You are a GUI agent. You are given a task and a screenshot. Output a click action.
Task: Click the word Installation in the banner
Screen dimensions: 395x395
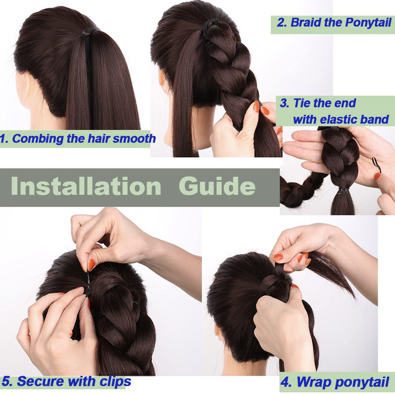pyautogui.click(x=86, y=186)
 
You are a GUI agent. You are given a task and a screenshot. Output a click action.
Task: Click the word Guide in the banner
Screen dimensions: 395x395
pyautogui.click(x=217, y=186)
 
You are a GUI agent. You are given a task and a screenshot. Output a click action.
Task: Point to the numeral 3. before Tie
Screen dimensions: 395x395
pyautogui.click(x=285, y=103)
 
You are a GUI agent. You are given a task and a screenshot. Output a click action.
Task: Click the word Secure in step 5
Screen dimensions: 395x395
pyautogui.click(x=40, y=381)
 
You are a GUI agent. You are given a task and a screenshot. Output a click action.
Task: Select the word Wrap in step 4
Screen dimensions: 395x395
pyautogui.click(x=313, y=382)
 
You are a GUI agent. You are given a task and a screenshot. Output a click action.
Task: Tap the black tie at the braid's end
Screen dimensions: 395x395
pyautogui.click(x=343, y=189)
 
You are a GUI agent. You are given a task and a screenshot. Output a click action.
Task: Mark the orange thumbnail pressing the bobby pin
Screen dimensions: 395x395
pyautogui.click(x=91, y=265)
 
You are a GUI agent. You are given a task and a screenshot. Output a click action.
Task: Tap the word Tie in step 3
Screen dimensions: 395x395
pyautogui.click(x=302, y=103)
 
